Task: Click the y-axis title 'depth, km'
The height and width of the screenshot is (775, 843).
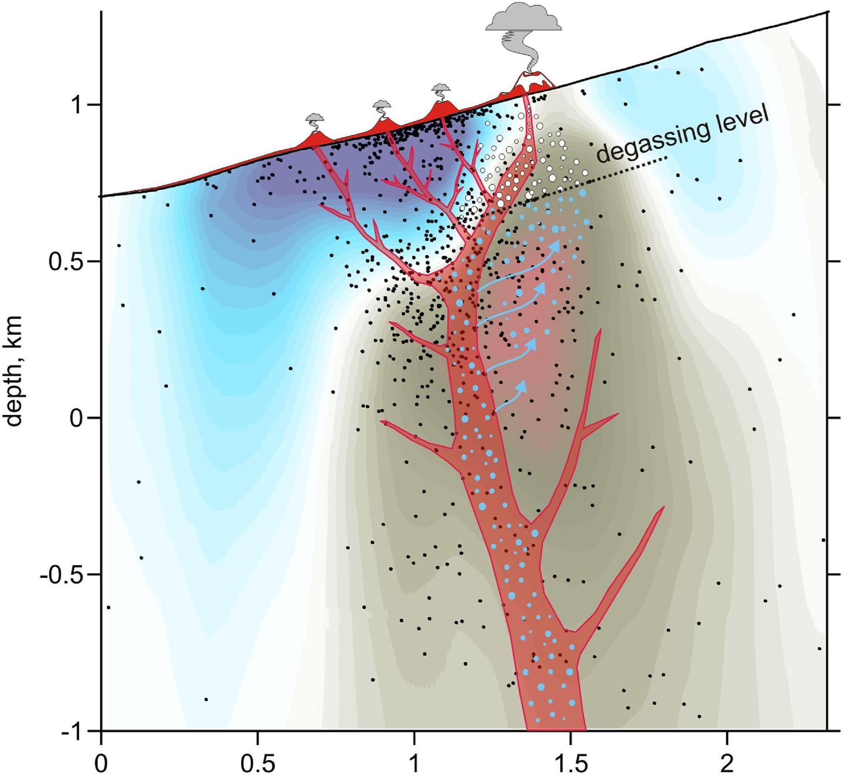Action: (x=15, y=371)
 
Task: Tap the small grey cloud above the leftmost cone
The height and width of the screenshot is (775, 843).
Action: (x=314, y=117)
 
